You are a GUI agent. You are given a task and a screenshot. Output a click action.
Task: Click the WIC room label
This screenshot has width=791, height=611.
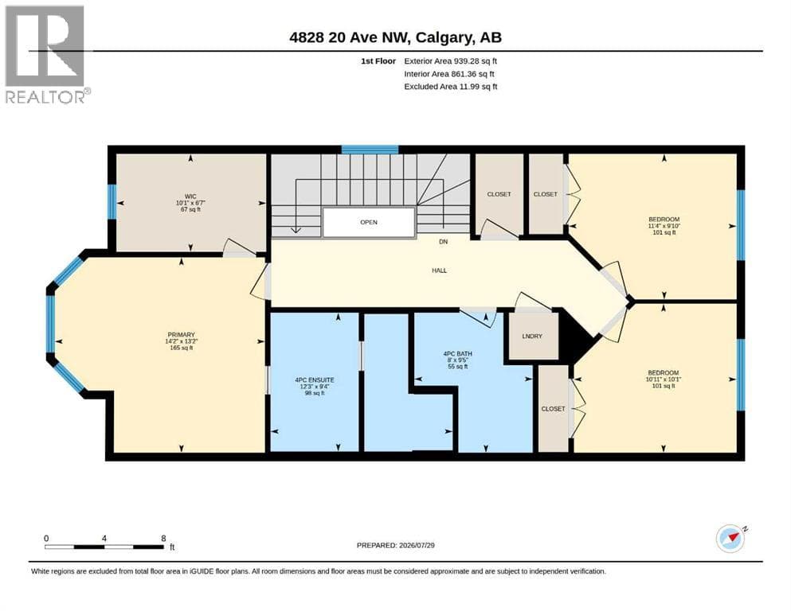point(190,197)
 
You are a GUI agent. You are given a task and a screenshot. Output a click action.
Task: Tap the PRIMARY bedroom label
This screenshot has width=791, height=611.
point(181,334)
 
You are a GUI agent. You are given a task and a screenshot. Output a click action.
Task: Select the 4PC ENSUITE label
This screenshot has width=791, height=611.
point(315,380)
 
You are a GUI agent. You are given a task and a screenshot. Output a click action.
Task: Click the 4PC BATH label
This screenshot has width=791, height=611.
point(457,353)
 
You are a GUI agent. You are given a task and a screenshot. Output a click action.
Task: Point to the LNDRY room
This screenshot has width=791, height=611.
point(532,336)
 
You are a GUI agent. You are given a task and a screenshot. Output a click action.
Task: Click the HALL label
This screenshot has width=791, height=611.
point(440,270)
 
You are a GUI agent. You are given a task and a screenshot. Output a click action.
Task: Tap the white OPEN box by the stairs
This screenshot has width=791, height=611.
point(369,222)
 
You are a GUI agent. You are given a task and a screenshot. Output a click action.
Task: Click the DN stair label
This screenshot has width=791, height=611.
point(444,242)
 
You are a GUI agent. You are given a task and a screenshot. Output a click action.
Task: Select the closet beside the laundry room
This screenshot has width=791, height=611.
point(554,408)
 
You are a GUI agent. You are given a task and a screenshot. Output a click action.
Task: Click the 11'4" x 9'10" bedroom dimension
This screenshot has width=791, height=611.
point(664,226)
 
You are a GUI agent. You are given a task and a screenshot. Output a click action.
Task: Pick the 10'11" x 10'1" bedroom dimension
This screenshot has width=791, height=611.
point(664,379)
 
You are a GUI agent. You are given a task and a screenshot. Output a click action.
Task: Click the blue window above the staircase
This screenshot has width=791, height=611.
point(370,149)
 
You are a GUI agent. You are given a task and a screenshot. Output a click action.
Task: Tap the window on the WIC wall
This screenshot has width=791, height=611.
point(112,202)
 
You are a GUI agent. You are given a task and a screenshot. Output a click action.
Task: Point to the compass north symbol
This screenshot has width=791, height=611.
point(730,539)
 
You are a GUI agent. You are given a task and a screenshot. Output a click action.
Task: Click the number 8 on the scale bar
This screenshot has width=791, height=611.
point(163,538)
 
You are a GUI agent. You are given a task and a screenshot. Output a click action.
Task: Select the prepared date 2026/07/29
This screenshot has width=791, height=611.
point(417,545)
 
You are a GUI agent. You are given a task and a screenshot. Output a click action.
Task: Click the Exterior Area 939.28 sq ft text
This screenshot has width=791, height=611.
point(451,61)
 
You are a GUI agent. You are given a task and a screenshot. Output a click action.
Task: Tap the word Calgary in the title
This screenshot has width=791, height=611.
point(444,37)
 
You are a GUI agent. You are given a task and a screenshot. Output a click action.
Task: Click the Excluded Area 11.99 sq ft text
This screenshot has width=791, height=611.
point(451,86)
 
